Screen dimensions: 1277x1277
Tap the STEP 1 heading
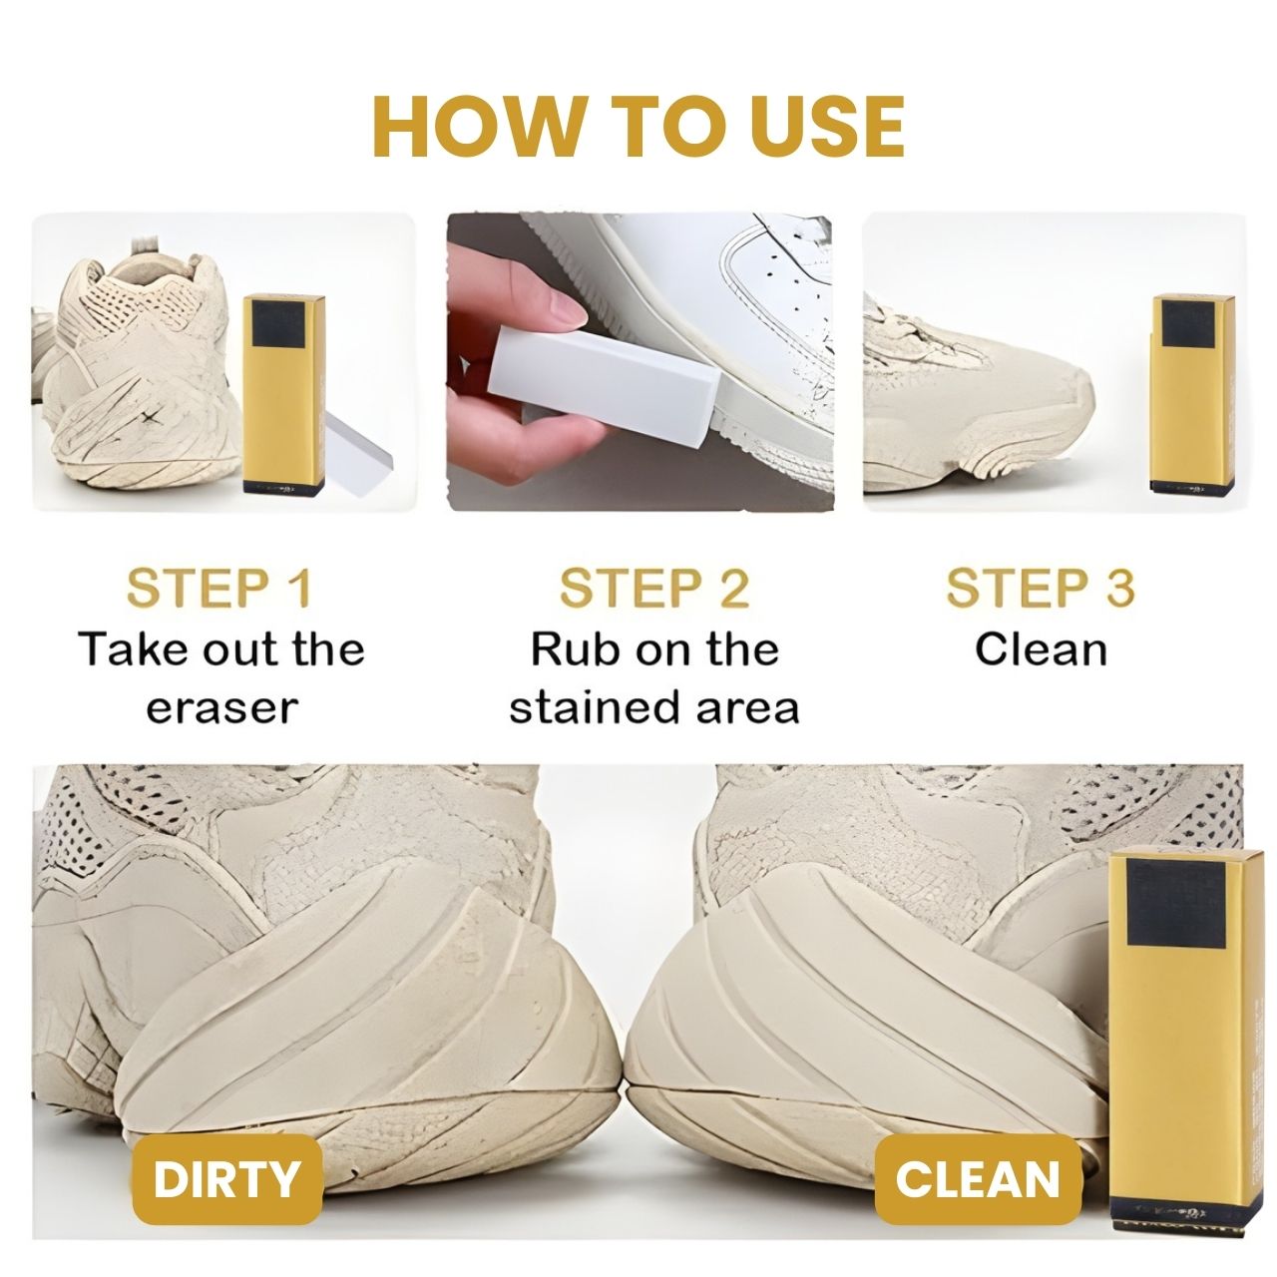[219, 588]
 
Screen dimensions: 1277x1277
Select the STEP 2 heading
[654, 588]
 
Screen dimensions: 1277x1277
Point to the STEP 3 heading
[1041, 588]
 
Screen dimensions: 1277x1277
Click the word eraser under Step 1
[222, 708]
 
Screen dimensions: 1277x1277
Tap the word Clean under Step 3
[1042, 648]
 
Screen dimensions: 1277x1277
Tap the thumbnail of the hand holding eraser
[640, 362]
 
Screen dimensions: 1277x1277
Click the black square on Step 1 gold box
[278, 324]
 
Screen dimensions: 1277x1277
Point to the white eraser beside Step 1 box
[358, 453]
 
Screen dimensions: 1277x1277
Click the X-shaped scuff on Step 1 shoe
[151, 419]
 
